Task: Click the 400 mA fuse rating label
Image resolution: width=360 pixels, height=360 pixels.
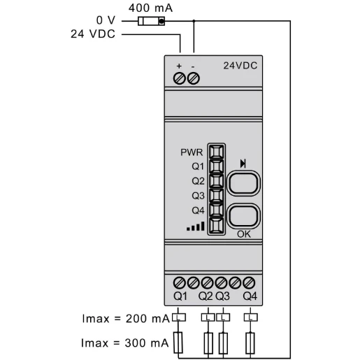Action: pos(151,8)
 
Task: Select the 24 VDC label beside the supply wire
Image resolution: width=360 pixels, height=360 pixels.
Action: pos(93,34)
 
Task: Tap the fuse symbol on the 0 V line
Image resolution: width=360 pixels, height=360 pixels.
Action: pos(152,21)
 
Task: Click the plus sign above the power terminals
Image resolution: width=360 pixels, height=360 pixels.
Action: pos(179,66)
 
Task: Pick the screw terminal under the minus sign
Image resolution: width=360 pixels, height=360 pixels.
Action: pos(194,78)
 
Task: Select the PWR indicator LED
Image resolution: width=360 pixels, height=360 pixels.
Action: pos(216,152)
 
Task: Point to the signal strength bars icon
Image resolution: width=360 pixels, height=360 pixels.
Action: pos(196,226)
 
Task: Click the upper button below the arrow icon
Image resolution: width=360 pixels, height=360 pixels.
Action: pos(244,183)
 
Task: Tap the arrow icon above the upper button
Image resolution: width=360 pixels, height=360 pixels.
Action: pos(243,164)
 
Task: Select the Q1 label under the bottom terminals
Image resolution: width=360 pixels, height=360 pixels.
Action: pos(180,296)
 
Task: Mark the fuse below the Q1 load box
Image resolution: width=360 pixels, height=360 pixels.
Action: pos(180,343)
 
